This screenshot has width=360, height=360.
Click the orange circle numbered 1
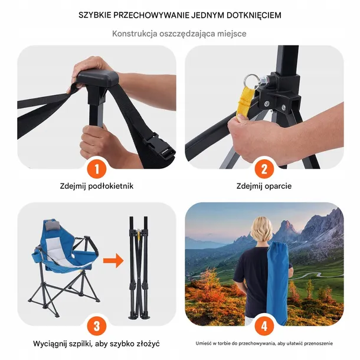point(97,169)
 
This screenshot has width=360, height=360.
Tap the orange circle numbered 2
point(264,169)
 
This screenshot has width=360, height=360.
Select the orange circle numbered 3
point(97,326)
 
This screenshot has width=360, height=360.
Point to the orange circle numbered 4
point(264,326)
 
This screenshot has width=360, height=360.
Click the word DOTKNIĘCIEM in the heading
point(254,15)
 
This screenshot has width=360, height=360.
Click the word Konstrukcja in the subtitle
point(135,34)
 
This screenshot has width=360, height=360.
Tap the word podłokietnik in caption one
point(111,186)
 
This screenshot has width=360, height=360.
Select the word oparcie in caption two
point(278,186)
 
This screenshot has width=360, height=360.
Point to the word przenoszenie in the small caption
point(319,343)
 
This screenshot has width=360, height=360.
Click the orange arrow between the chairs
point(113,261)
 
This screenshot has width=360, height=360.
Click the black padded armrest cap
point(98,77)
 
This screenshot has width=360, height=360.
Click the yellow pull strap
point(245,103)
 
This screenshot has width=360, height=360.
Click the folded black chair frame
point(139,267)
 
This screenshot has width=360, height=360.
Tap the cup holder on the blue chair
point(37,256)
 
